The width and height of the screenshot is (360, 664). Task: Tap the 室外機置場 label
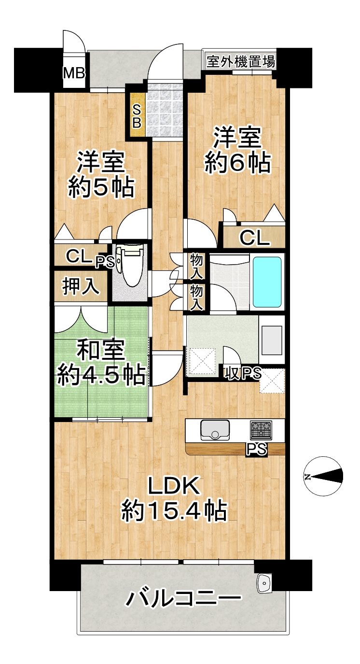241,62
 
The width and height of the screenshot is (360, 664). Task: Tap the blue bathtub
267,282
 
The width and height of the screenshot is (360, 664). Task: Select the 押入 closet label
80,287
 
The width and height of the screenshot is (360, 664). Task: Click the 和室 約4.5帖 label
101,363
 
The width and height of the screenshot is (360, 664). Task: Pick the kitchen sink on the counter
215,430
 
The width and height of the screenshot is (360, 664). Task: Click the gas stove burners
261,430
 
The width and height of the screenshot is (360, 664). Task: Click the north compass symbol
323,477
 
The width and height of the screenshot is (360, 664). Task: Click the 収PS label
243,373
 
